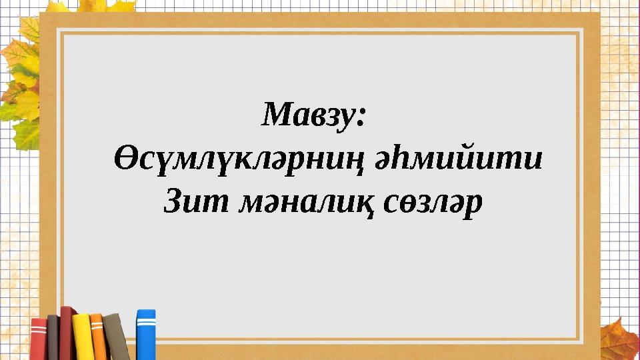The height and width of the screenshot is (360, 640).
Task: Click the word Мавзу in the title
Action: [x=305, y=115]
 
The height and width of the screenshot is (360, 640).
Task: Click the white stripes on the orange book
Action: [x=97, y=326]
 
